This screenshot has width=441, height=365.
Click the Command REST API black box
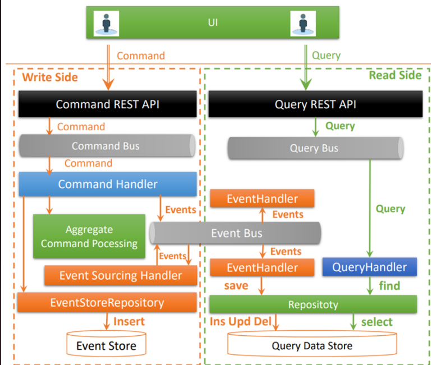coord(107,104)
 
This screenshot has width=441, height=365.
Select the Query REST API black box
coord(315,104)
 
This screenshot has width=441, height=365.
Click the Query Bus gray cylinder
coord(315,148)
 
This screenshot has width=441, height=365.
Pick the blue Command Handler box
coord(107,184)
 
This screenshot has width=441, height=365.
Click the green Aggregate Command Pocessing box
coord(89,236)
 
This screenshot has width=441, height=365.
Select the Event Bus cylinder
coord(236,233)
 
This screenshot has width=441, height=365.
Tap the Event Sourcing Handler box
coord(121,275)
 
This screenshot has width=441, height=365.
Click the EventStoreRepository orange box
coord(107,303)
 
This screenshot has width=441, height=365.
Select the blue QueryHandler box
coord(369,267)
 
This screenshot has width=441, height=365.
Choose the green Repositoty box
coord(313,304)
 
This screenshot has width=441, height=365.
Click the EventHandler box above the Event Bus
coord(262,199)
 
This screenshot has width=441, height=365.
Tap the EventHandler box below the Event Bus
coord(262,267)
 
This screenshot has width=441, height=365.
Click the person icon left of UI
coord(107,24)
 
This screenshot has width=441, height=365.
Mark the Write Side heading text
coord(50,77)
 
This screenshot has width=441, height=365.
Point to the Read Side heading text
coord(394,75)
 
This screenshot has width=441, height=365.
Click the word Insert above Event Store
coord(128,322)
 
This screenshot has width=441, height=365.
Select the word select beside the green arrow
coord(376,322)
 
